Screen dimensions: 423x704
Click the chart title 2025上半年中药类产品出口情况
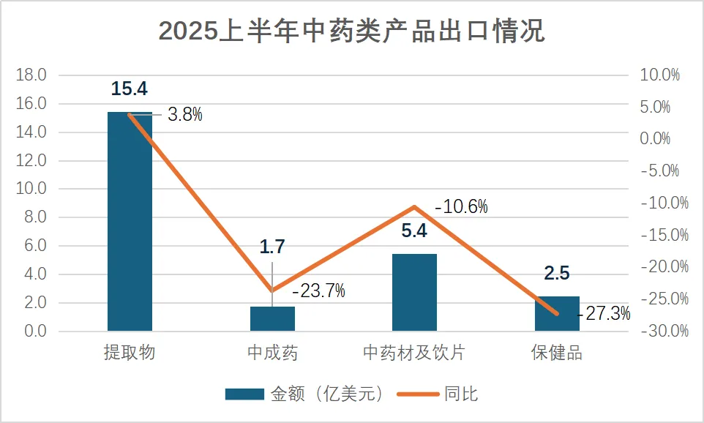pyautogui.click(x=351, y=31)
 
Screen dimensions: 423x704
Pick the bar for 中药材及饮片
pyautogui.click(x=414, y=292)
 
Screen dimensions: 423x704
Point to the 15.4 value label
pyautogui.click(x=130, y=89)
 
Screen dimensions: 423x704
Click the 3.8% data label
pyautogui.click(x=184, y=115)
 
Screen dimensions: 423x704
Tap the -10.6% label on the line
pyautogui.click(x=461, y=207)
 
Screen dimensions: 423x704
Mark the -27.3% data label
pyautogui.click(x=604, y=314)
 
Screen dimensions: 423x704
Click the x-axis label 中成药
pyautogui.click(x=272, y=353)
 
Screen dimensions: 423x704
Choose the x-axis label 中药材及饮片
pyautogui.click(x=414, y=353)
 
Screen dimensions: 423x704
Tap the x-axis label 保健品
pyautogui.click(x=557, y=353)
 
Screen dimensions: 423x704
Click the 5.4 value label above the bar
pyautogui.click(x=414, y=233)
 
